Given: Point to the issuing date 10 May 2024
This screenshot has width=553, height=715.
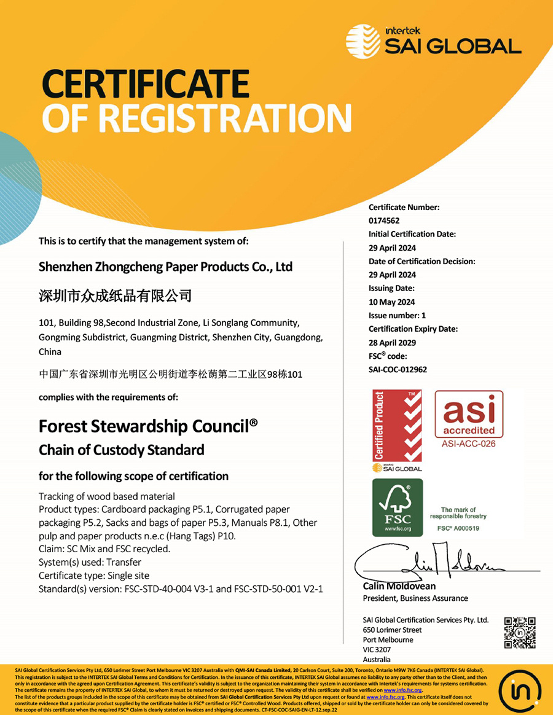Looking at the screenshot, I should point(392,302).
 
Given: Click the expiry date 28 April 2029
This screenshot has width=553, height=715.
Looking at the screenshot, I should point(392,342).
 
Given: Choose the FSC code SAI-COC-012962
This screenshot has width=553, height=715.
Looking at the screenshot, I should point(398,369).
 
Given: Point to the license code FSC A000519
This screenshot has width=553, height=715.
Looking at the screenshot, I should point(458,528).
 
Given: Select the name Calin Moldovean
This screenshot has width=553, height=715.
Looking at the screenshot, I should point(399,587).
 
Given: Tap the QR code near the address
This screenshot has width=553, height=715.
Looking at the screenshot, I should point(520,633).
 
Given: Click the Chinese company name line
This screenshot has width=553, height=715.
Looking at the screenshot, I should point(116,296).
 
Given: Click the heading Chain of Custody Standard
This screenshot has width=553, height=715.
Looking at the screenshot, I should point(121,450).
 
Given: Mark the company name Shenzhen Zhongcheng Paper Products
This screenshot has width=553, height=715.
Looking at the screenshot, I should point(165,267).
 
